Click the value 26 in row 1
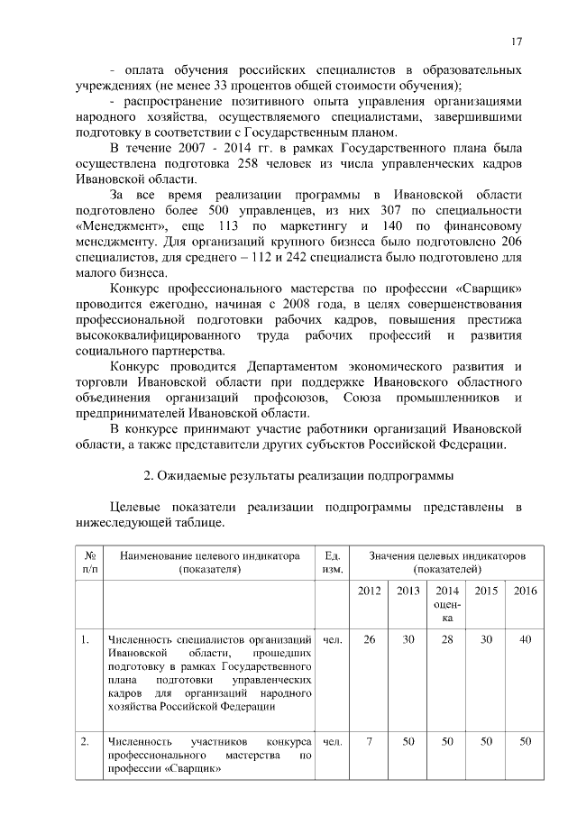[x=369, y=639]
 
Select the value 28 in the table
[x=446, y=639]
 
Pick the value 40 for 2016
[x=525, y=639]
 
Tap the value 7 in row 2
[x=369, y=741]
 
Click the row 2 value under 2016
[x=525, y=741]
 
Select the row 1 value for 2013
[x=408, y=639]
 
